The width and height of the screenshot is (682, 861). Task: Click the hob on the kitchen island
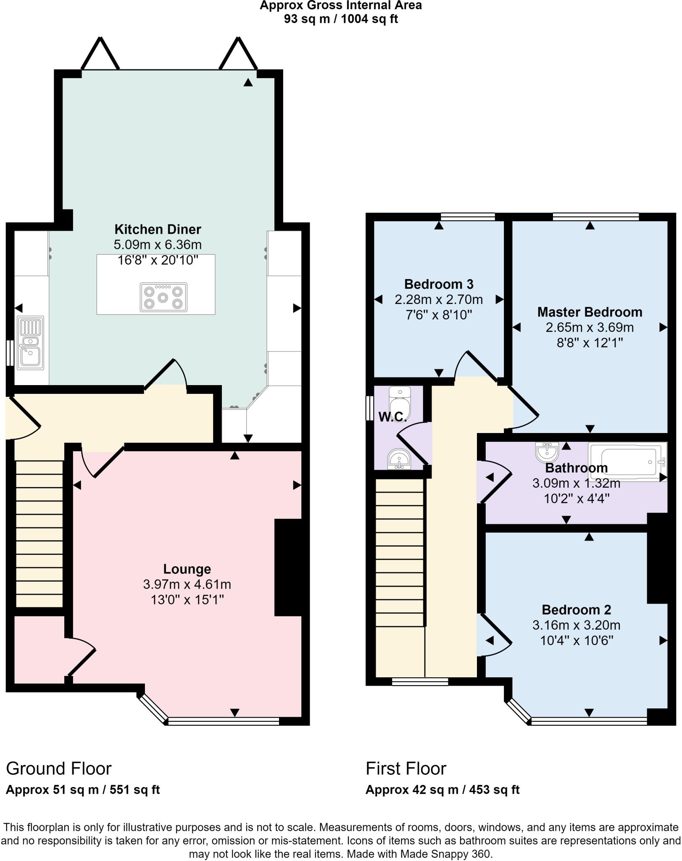(163, 297)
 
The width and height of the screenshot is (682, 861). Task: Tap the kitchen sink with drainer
(30, 343)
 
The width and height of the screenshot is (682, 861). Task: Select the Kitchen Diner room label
(158, 229)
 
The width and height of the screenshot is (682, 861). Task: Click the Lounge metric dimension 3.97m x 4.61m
(187, 584)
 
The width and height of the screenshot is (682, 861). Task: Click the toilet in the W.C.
(399, 401)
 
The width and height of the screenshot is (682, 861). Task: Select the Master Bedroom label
(590, 312)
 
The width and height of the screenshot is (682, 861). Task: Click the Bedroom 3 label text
(439, 284)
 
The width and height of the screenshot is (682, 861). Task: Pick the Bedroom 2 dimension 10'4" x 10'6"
(577, 641)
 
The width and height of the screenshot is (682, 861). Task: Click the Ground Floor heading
(59, 769)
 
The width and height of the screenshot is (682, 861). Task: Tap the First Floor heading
(406, 769)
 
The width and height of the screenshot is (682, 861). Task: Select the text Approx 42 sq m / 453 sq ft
(442, 790)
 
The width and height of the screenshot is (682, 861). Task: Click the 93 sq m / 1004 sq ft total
(341, 19)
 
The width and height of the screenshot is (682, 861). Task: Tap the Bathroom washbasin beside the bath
(547, 452)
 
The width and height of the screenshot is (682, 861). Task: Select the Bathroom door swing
(496, 481)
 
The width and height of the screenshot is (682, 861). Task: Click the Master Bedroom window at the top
(595, 217)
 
